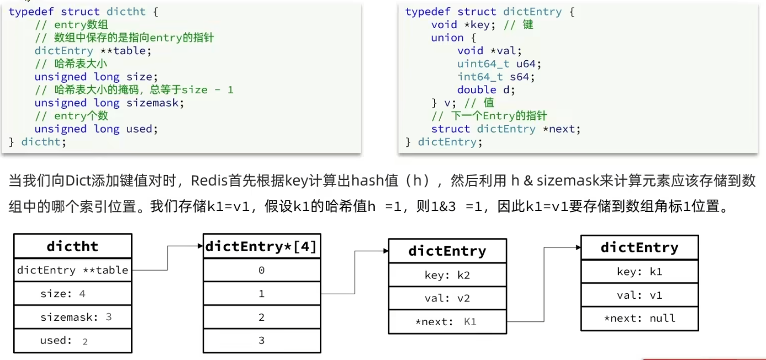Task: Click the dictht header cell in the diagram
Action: click(x=73, y=246)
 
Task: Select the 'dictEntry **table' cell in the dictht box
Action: click(x=73, y=270)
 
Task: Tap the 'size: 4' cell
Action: click(x=73, y=294)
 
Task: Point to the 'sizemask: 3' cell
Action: click(x=73, y=317)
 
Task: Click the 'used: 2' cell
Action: click(x=73, y=341)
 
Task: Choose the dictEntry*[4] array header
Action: click(x=261, y=247)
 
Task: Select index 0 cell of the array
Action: click(x=261, y=270)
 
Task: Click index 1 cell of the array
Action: click(x=261, y=294)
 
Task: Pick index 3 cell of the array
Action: click(x=261, y=341)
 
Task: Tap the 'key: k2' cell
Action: click(x=447, y=275)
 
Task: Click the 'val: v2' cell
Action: click(x=447, y=299)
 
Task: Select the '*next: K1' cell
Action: click(x=447, y=322)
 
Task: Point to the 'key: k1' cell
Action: click(x=640, y=272)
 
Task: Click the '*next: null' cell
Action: click(x=640, y=318)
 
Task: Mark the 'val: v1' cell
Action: click(x=640, y=295)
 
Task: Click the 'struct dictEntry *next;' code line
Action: click(x=506, y=129)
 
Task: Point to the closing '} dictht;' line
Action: click(x=37, y=142)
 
